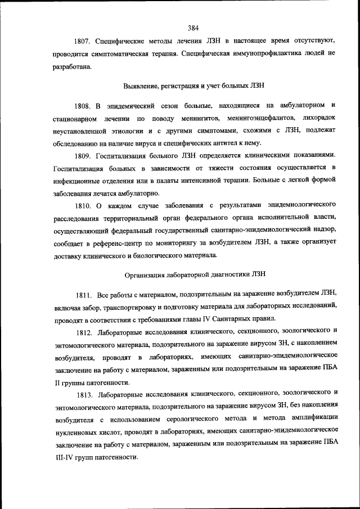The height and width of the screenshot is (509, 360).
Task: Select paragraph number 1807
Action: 83,41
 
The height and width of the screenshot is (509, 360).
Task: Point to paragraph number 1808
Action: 82,105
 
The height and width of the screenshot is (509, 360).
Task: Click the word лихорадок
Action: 317,118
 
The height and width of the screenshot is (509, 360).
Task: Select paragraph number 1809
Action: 83,155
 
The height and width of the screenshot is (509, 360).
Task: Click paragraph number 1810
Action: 83,205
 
